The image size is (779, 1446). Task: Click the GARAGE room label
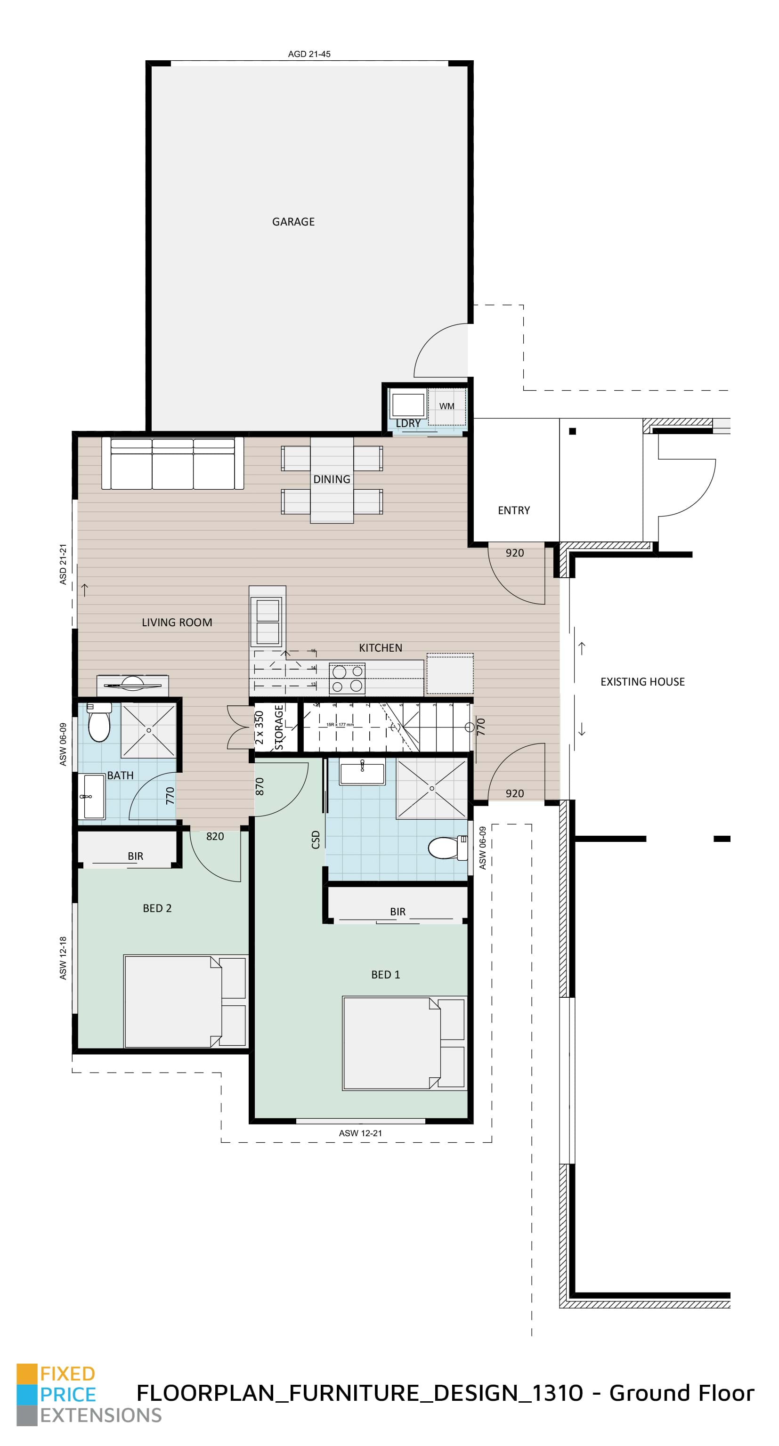(293, 222)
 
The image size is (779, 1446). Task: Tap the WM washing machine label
(446, 406)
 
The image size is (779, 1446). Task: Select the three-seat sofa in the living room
(172, 464)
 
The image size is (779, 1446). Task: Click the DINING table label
(332, 479)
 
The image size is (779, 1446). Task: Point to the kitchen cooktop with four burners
(347, 678)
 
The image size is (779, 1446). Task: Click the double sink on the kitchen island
(268, 622)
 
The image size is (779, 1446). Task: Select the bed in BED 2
(184, 1002)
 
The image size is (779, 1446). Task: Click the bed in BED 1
(404, 1043)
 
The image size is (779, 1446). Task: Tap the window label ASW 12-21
(360, 1133)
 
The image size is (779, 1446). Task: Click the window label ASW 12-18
(63, 958)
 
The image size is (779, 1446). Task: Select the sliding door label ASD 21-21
(63, 564)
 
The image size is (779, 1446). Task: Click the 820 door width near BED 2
(215, 836)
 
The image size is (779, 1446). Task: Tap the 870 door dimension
(260, 786)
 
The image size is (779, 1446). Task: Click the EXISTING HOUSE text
(642, 681)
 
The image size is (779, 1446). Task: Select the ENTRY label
(513, 510)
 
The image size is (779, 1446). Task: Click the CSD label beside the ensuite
(315, 840)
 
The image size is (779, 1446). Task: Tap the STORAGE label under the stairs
(278, 727)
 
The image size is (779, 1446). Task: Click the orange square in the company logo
(26, 1373)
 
